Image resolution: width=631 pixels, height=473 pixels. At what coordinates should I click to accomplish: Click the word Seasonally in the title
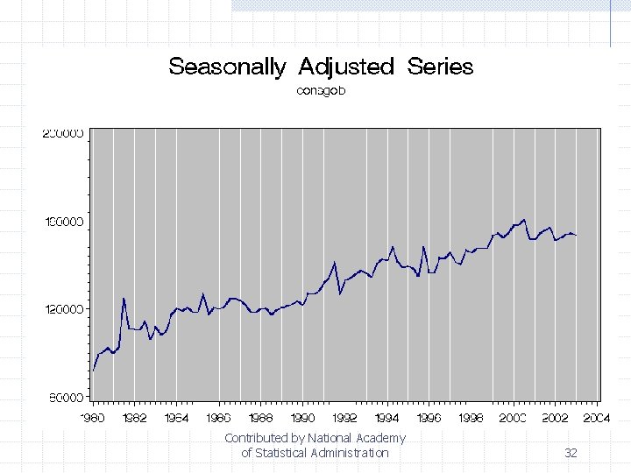click(227, 67)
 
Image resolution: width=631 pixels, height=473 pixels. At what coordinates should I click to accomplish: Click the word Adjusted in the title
click(346, 67)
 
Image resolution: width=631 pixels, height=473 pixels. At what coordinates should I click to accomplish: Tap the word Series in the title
click(440, 67)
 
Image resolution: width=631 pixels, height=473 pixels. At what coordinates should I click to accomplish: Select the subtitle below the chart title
click(321, 90)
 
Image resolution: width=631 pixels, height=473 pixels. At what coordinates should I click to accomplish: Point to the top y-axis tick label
click(64, 134)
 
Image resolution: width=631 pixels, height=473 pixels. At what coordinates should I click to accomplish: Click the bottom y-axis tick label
click(64, 398)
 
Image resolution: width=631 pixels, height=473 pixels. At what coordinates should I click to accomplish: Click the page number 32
click(571, 453)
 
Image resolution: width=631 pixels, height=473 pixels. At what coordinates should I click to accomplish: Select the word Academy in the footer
click(380, 438)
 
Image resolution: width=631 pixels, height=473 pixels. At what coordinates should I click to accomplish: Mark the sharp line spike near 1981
click(124, 299)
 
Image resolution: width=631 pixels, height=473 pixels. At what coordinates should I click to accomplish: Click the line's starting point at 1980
click(93, 371)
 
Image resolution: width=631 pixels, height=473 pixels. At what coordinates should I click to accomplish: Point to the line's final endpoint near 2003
click(576, 235)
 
